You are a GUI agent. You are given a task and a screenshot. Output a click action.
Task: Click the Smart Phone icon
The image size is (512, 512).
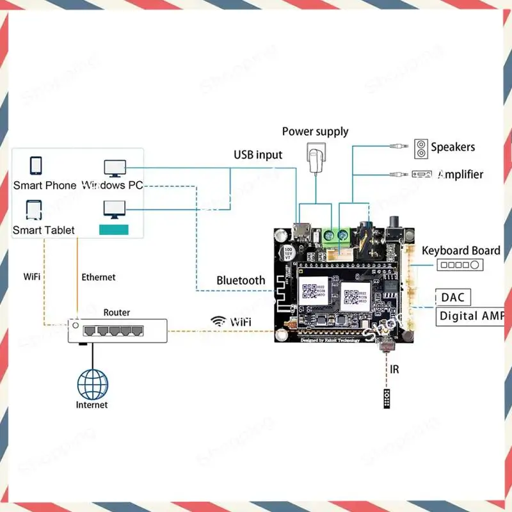coord(36,165)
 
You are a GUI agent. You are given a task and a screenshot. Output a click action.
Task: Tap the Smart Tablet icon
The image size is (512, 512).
coord(35,210)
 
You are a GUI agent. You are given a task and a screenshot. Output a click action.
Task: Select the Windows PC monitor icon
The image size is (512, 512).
coord(115,168)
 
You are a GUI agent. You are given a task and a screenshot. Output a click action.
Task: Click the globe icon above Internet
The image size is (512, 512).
coord(93,383)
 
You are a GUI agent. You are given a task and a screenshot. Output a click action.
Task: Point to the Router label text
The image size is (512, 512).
coord(116,312)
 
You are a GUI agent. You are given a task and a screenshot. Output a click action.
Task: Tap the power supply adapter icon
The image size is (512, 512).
coord(316,159)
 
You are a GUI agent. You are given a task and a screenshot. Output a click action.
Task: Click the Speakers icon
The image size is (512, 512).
coord(421,147)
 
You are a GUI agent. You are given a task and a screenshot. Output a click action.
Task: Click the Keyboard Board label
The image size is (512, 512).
coord(461,250)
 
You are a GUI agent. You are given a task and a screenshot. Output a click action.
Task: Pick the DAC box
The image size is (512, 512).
coord(454,297)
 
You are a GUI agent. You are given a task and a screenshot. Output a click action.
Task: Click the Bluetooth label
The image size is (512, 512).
coord(241,280)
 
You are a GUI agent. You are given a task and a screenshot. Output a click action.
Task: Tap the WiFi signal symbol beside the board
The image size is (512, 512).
coord(218,321)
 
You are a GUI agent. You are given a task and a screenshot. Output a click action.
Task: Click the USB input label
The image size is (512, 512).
coord(258,154)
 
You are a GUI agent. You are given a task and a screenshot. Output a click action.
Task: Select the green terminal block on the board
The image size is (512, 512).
coord(336,236)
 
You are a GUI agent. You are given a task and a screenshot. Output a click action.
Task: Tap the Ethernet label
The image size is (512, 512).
coord(99,277)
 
